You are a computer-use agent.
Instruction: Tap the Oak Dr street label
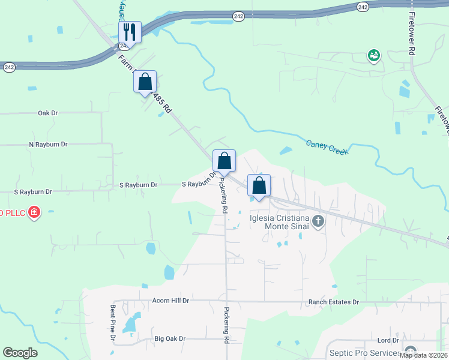(47, 113)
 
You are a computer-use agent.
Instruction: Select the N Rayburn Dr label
(49, 145)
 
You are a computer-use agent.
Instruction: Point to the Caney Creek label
(327, 147)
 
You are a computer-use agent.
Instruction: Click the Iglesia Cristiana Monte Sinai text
(279, 222)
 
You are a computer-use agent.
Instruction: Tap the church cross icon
(318, 223)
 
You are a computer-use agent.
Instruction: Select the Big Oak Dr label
(170, 339)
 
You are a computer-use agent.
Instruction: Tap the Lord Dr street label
(388, 340)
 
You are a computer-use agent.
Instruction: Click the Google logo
(20, 353)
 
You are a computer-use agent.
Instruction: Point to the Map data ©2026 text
(424, 355)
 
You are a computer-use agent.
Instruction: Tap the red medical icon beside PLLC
(34, 212)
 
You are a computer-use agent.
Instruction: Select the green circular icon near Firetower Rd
(374, 56)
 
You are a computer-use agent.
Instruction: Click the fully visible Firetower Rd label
(412, 34)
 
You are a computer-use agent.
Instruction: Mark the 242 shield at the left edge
(9, 67)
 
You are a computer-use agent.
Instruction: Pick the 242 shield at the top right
(362, 7)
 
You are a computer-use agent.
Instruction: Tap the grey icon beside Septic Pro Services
(411, 351)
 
